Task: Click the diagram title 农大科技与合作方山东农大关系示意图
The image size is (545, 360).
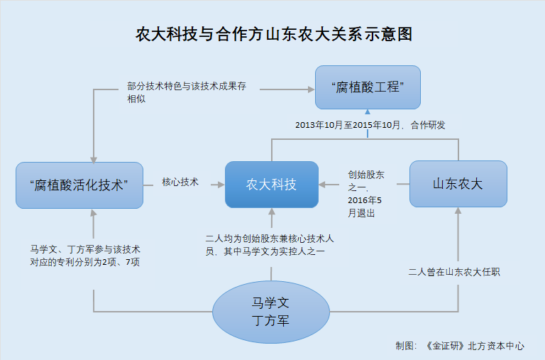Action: [274, 34]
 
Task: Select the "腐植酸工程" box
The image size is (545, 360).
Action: [368, 87]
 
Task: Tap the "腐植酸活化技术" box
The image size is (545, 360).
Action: [79, 185]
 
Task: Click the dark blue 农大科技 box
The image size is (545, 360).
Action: [272, 185]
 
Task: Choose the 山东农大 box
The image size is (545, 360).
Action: [458, 184]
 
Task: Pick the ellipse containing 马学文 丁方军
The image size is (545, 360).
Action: [271, 312]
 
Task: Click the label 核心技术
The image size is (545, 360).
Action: [180, 182]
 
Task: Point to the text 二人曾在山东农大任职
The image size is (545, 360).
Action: [454, 272]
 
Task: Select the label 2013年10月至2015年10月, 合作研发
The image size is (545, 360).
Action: [370, 125]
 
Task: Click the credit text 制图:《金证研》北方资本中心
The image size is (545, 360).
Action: [460, 346]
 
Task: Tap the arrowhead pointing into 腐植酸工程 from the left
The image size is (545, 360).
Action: [312, 89]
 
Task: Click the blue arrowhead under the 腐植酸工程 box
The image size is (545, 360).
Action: [368, 111]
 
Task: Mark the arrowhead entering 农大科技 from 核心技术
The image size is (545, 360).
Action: [221, 185]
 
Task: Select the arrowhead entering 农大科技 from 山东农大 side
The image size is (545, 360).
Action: [322, 185]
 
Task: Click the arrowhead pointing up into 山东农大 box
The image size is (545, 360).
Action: [458, 210]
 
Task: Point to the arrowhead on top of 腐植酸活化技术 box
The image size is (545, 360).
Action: [94, 159]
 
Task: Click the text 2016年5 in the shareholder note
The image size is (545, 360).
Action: [365, 200]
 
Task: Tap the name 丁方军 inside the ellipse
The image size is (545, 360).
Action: [271, 321]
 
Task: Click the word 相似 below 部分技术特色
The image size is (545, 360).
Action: [136, 99]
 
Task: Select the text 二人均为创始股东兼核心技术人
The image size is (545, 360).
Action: [270, 239]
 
